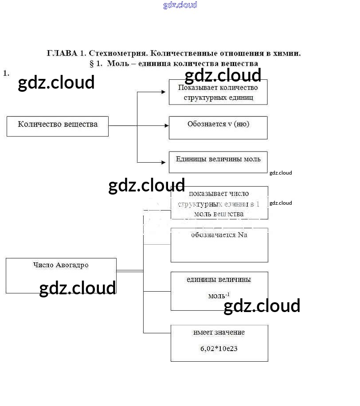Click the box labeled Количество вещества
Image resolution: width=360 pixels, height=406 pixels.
tap(58, 126)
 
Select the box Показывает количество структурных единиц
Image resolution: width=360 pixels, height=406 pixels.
tap(218, 92)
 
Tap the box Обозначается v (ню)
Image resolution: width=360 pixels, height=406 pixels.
tap(218, 128)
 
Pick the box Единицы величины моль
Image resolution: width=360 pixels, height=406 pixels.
tap(218, 162)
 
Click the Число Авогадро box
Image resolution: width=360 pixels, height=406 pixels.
tap(61, 275)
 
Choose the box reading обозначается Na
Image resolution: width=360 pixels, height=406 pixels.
tap(219, 245)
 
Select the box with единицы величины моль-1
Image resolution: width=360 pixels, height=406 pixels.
tap(219, 291)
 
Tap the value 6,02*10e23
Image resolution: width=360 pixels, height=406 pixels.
tap(219, 348)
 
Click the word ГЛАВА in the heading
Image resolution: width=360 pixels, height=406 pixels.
tap(62, 53)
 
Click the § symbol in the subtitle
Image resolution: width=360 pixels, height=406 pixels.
tap(92, 63)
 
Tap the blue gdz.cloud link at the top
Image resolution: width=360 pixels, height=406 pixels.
tap(180, 5)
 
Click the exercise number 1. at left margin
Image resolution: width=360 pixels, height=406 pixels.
tap(6, 73)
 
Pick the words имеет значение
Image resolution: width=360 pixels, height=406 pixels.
tap(219, 332)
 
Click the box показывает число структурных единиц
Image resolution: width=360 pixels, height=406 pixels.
tap(219, 203)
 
